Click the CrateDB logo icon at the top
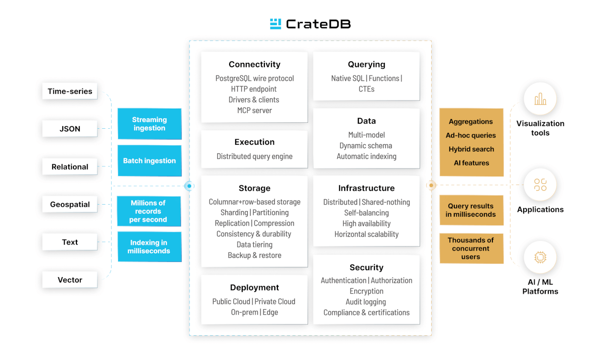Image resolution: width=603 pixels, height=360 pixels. click(x=275, y=24)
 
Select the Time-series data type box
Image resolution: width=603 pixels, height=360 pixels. click(x=70, y=92)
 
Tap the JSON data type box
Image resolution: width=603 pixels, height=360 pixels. click(x=70, y=129)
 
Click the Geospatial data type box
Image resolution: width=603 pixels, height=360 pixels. click(x=70, y=205)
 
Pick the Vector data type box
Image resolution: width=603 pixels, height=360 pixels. click(x=70, y=280)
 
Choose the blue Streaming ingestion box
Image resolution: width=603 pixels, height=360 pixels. click(x=149, y=124)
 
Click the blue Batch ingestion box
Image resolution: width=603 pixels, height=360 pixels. click(x=149, y=161)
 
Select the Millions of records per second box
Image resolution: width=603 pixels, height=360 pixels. click(x=148, y=211)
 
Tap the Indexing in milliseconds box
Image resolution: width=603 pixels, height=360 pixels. click(x=149, y=247)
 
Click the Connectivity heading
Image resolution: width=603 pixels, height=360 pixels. click(x=254, y=64)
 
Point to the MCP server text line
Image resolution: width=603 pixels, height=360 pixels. click(x=254, y=111)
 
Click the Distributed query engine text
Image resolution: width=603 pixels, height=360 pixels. click(x=254, y=156)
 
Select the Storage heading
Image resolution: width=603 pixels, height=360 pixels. click(x=254, y=188)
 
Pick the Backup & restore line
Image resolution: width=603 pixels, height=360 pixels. click(x=254, y=255)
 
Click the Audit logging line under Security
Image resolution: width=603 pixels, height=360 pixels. click(x=366, y=302)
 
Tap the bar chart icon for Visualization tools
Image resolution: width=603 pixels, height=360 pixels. click(x=540, y=99)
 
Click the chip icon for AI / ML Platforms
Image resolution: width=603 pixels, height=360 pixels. click(x=540, y=257)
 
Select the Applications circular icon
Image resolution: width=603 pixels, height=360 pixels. click(x=540, y=185)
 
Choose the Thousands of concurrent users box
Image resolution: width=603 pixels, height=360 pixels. click(x=471, y=248)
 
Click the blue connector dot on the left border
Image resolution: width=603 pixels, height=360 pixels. click(x=189, y=186)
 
